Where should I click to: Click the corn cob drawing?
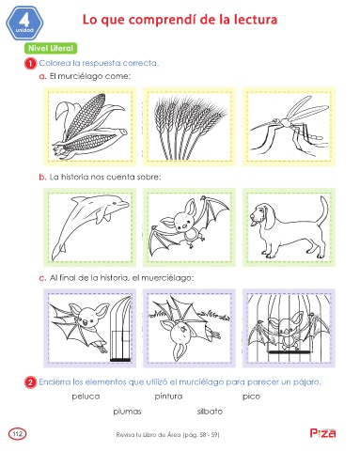click(x=90, y=127)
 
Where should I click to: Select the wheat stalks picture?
click(x=189, y=127)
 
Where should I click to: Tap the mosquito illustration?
click(x=289, y=125)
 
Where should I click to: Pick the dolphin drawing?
click(x=90, y=226)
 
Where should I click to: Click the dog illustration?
click(x=289, y=227)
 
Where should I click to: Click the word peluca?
click(x=86, y=397)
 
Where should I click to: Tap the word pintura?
click(x=168, y=397)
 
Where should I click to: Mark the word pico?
click(x=251, y=397)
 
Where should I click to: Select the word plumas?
click(x=127, y=412)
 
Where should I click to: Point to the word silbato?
click(x=210, y=412)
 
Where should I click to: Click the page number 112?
click(x=18, y=434)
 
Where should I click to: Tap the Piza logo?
click(x=322, y=432)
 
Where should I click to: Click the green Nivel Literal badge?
click(x=51, y=48)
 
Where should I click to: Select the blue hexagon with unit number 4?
click(x=24, y=23)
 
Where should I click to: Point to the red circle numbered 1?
click(x=30, y=64)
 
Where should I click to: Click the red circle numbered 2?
click(x=30, y=382)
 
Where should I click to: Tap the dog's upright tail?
click(x=323, y=210)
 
